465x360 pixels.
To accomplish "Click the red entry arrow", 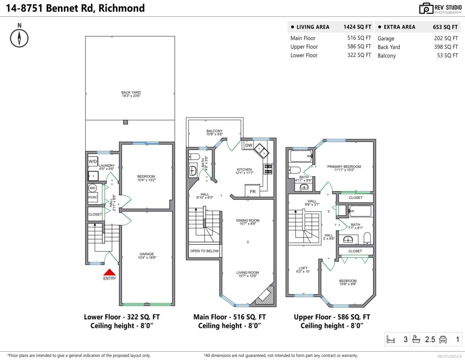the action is click(x=109, y=272).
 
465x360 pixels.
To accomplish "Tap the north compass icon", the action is click(x=19, y=38).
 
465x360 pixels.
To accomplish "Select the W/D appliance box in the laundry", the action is click(x=93, y=161).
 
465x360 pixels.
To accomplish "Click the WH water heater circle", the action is click(x=93, y=188).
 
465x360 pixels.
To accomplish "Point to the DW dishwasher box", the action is click(x=249, y=145).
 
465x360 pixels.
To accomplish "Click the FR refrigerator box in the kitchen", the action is click(x=253, y=191).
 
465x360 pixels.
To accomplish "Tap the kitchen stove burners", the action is click(x=268, y=169).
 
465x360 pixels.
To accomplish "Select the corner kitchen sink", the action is click(x=262, y=151).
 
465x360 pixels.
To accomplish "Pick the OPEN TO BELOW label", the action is click(x=204, y=251).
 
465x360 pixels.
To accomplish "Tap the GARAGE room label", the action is click(x=147, y=254).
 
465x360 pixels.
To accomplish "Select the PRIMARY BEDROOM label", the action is click(x=344, y=167).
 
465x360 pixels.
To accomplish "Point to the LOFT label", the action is click(x=303, y=268).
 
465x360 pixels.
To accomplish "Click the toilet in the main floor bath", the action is click(x=194, y=157).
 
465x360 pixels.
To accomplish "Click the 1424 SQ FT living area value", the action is click(x=357, y=27).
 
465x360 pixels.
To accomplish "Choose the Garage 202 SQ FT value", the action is click(x=446, y=38).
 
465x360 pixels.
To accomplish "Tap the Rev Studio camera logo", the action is click(x=426, y=9).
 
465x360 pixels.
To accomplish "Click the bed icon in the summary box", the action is click(x=391, y=339).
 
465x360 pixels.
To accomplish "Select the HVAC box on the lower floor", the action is click(x=93, y=197).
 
